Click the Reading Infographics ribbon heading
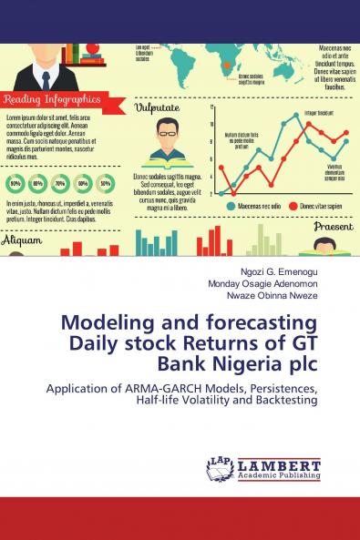point(52,98)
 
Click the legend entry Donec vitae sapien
point(320,207)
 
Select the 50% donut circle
point(106,183)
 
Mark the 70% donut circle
point(60,183)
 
